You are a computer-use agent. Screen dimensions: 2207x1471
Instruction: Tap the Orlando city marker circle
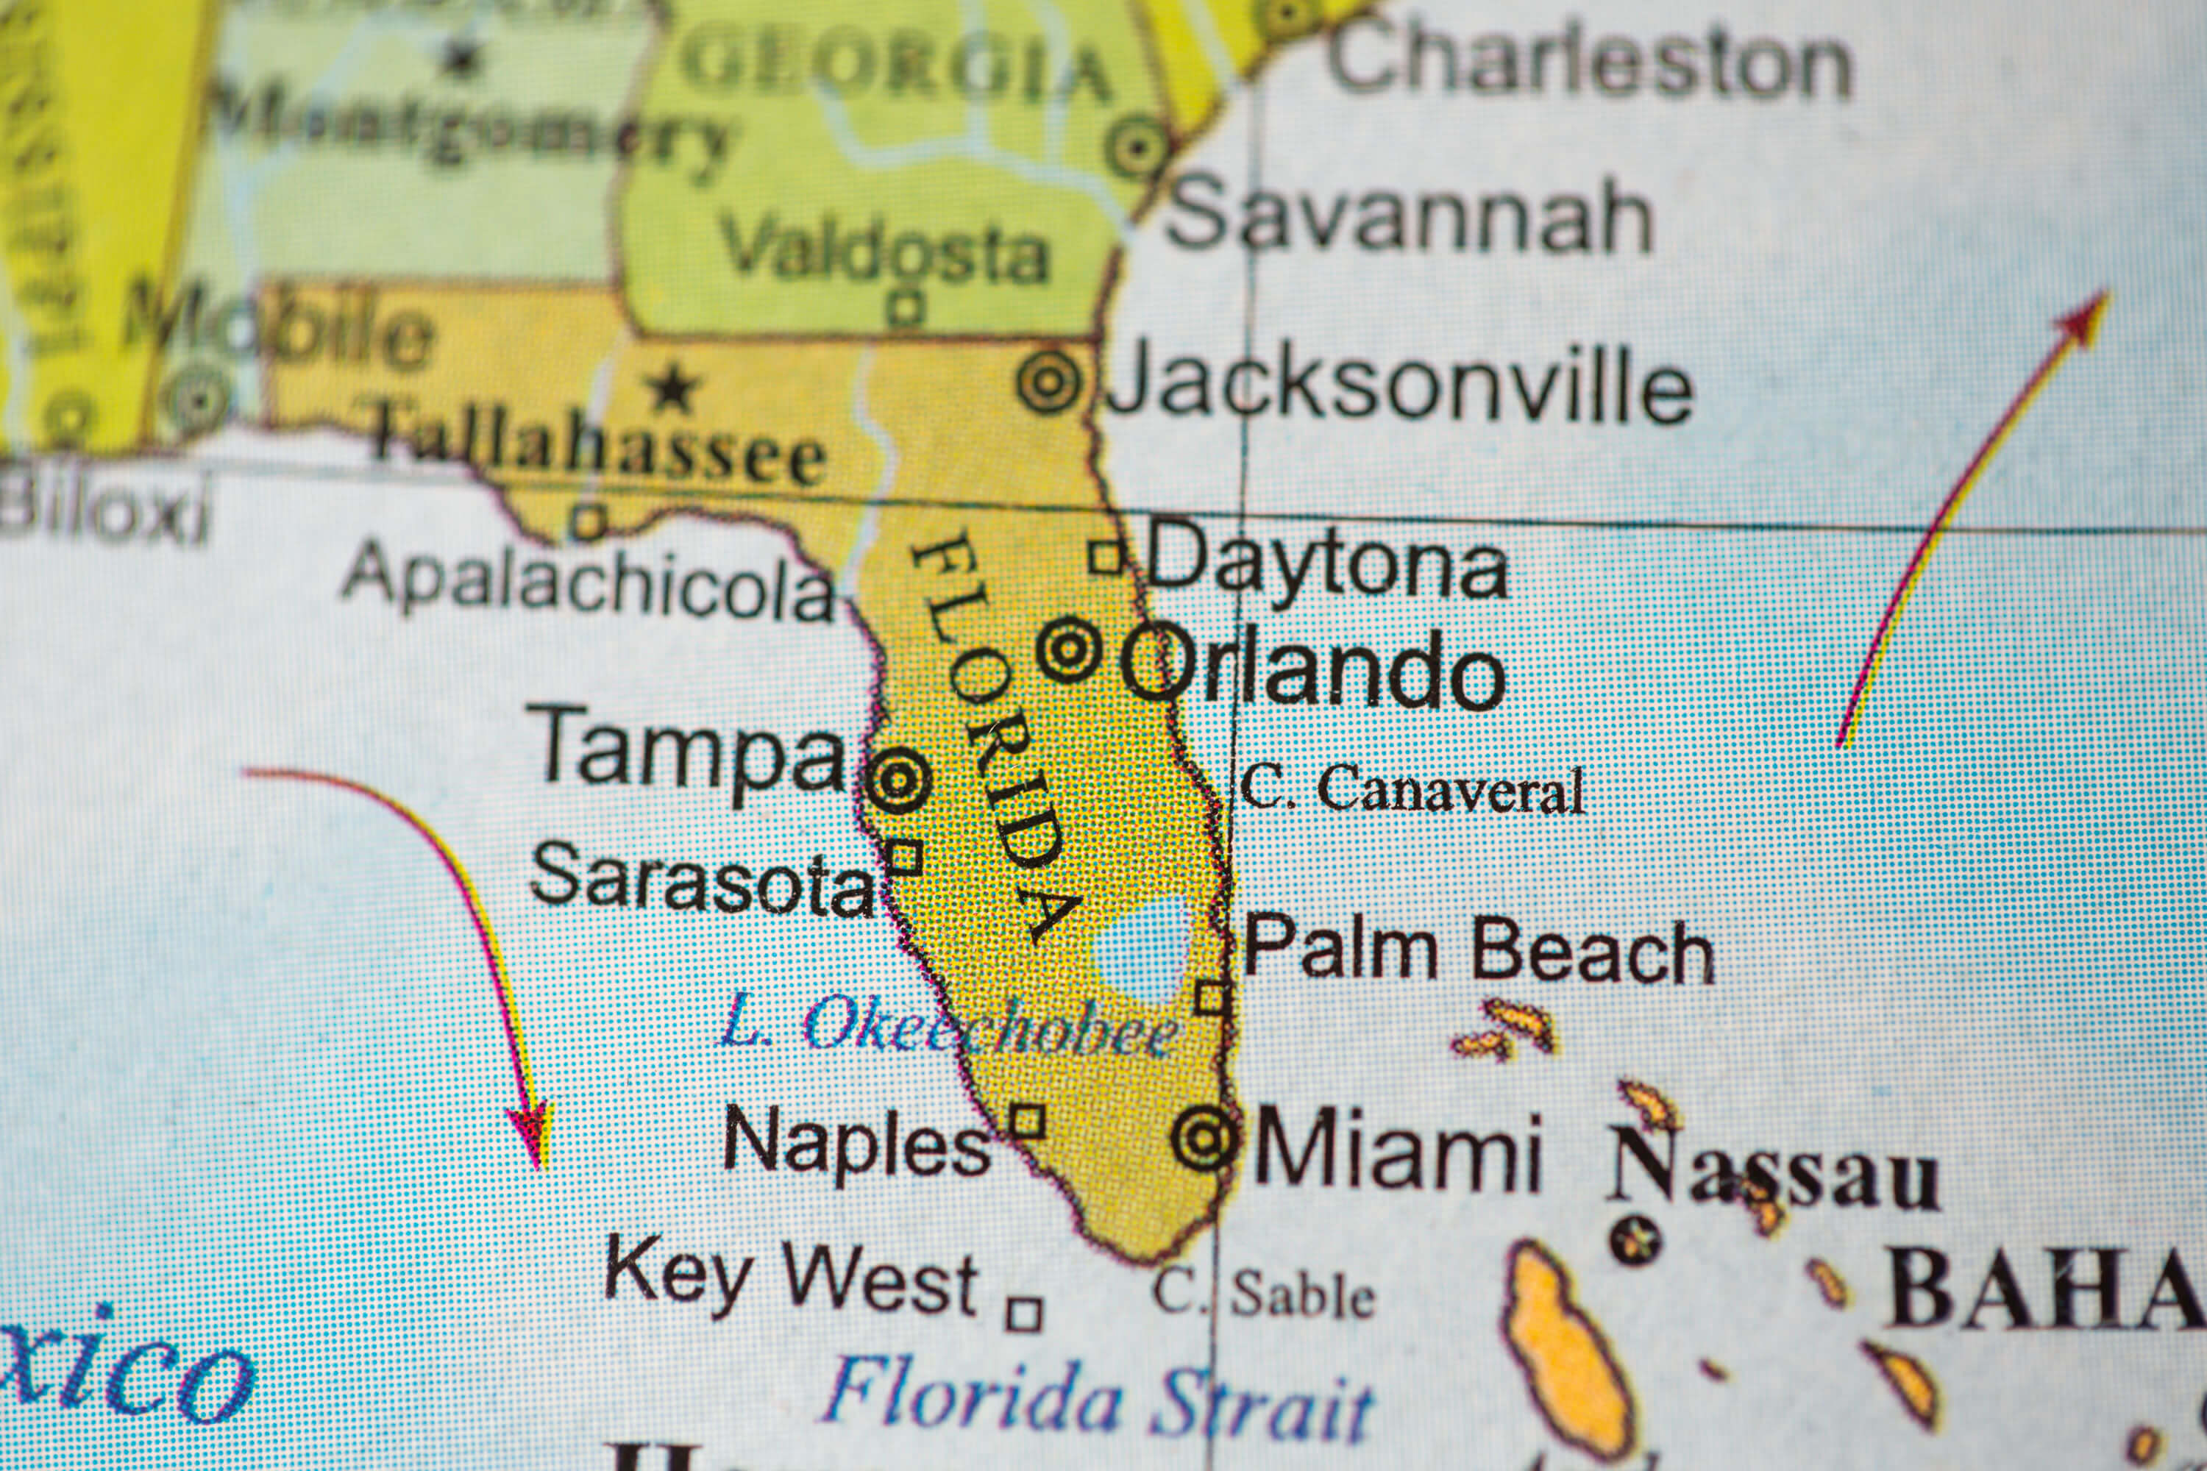[1068, 648]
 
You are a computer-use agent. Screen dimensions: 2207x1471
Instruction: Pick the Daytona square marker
[1106, 556]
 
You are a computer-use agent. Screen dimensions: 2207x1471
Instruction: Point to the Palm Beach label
[1479, 950]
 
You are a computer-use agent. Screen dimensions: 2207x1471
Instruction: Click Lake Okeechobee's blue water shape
[1140, 950]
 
